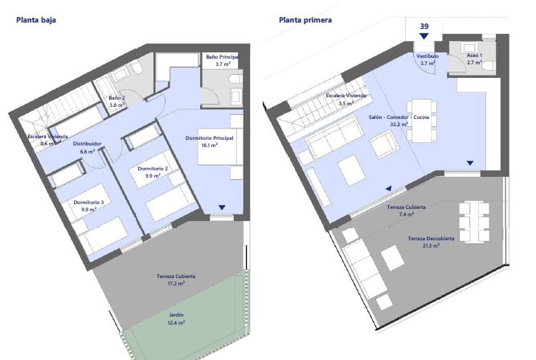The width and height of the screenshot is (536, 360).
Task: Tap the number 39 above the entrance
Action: pos(423,27)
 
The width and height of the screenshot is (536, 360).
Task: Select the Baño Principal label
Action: pos(222,58)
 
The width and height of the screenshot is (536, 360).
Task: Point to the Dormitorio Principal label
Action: pos(209,138)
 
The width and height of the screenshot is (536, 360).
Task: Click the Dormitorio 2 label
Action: pos(151,169)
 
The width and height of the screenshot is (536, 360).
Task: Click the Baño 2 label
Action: pos(117,99)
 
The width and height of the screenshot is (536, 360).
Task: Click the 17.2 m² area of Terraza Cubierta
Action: pos(171,283)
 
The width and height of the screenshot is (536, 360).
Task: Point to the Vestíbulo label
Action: pos(427,56)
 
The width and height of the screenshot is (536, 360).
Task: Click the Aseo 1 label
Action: pos(475,56)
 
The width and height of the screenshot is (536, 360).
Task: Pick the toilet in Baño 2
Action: pos(136,76)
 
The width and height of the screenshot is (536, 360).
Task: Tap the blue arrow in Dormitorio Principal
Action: pos(221,207)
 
